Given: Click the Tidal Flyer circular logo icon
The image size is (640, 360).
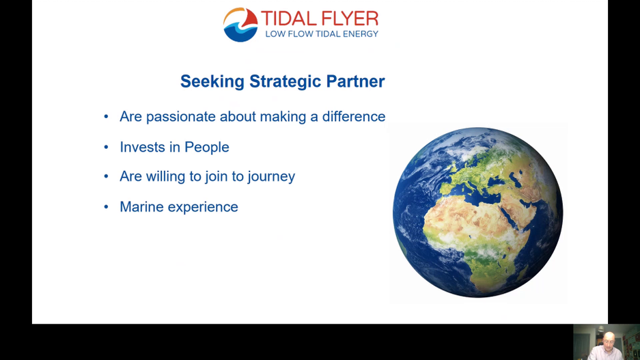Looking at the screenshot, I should (x=240, y=25).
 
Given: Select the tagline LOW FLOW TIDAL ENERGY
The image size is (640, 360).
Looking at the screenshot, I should (x=321, y=33).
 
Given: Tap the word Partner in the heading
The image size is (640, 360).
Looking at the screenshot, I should (x=355, y=81).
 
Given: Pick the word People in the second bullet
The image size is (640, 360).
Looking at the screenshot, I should (x=206, y=148).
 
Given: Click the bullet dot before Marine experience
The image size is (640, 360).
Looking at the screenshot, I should (x=106, y=206).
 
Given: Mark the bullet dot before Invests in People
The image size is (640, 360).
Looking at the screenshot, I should (x=106, y=147).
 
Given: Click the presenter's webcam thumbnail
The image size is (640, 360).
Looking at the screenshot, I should (x=606, y=342).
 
